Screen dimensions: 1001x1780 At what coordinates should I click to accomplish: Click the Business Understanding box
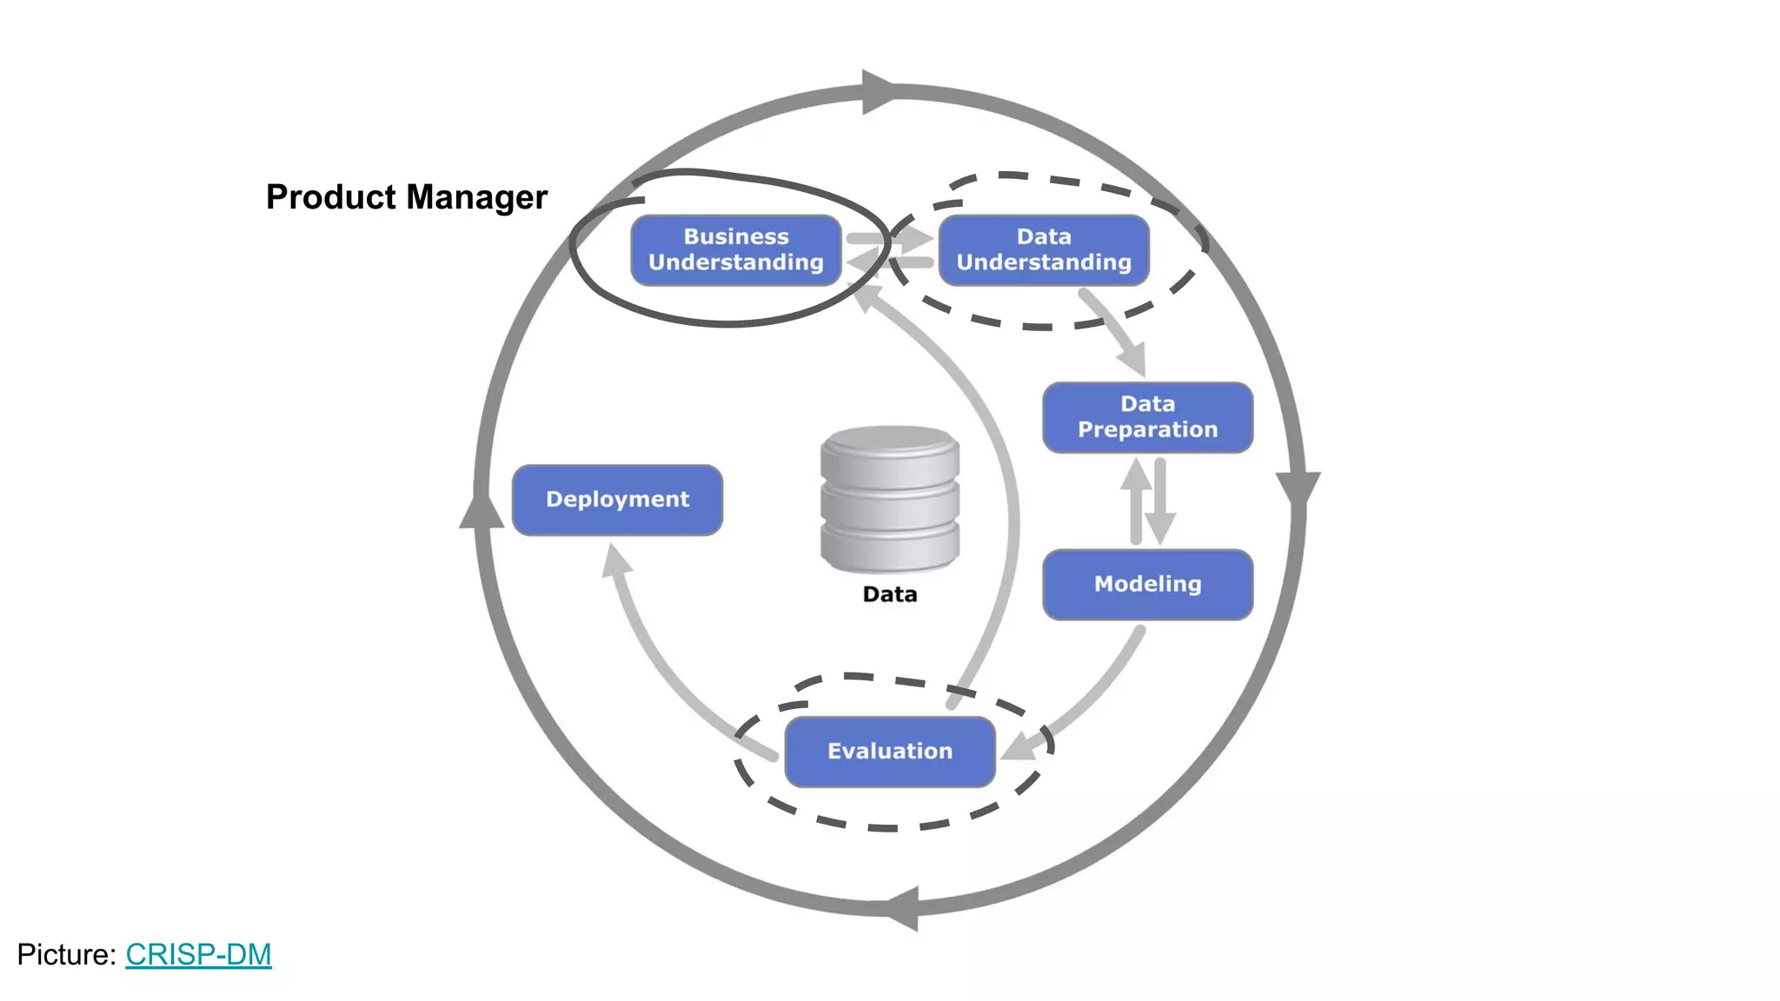pyautogui.click(x=735, y=249)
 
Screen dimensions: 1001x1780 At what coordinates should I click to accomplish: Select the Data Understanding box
pyautogui.click(x=1043, y=249)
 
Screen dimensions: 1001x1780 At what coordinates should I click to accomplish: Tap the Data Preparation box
pyautogui.click(x=1147, y=417)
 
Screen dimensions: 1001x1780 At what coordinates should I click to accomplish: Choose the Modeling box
pyautogui.click(x=1147, y=584)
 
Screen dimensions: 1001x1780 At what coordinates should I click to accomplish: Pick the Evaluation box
pyautogui.click(x=889, y=752)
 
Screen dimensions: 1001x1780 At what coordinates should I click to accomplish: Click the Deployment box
pyautogui.click(x=617, y=500)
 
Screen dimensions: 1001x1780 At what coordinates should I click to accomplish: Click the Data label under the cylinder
pyautogui.click(x=889, y=594)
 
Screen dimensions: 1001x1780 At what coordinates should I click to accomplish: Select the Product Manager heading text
pyautogui.click(x=406, y=197)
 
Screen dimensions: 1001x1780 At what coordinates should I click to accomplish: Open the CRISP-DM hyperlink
pyautogui.click(x=198, y=954)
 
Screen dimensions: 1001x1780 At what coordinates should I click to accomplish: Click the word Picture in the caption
pyautogui.click(x=65, y=954)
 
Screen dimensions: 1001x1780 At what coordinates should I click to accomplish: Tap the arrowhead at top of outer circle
pyautogui.click(x=878, y=91)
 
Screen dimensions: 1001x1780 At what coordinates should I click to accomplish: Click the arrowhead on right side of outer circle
pyautogui.click(x=1298, y=488)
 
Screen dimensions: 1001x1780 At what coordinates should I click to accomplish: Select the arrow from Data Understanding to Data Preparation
pyautogui.click(x=1114, y=333)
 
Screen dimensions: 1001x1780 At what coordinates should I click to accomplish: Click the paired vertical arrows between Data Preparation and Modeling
pyautogui.click(x=1147, y=501)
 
